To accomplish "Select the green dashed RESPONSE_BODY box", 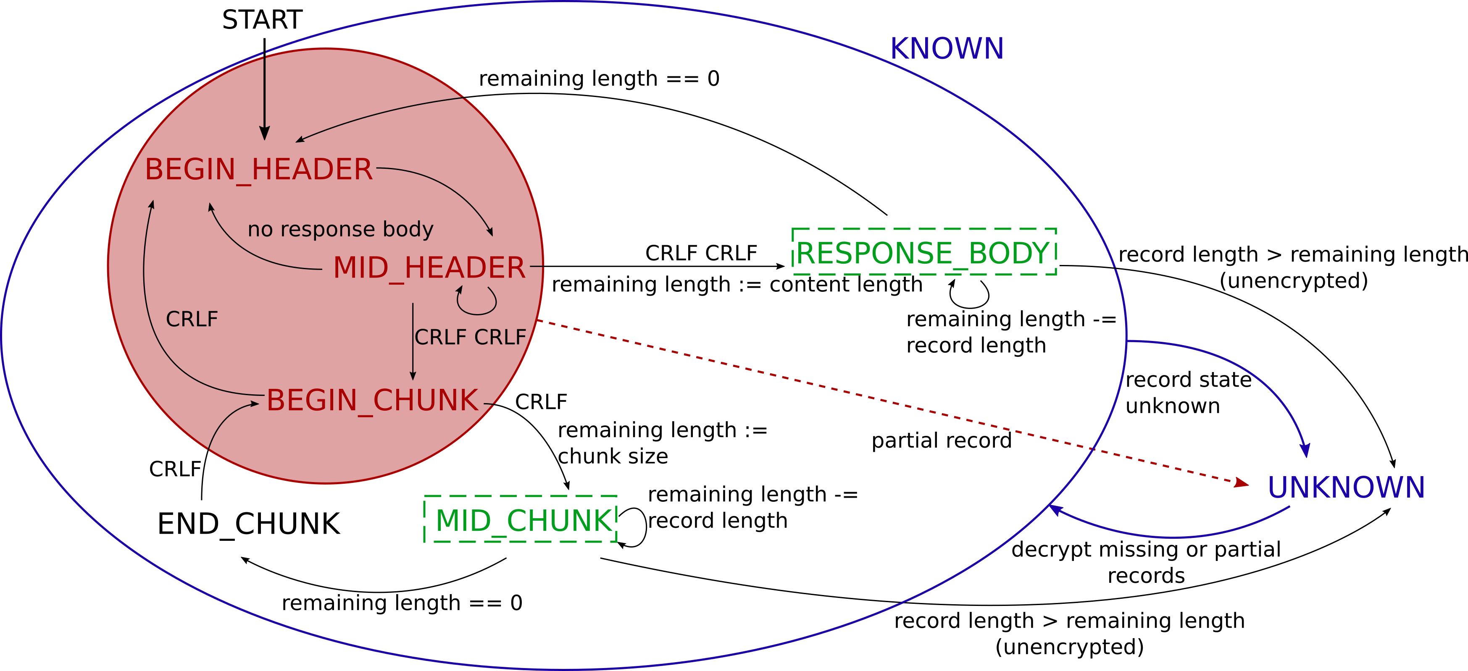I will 924,252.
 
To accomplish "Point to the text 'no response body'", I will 340,229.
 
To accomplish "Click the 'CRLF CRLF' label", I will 470,337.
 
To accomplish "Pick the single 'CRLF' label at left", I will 192,319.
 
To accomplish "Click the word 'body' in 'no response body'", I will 408,229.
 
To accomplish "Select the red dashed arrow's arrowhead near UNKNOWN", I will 1241,483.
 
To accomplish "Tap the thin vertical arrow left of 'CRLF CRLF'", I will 413,342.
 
